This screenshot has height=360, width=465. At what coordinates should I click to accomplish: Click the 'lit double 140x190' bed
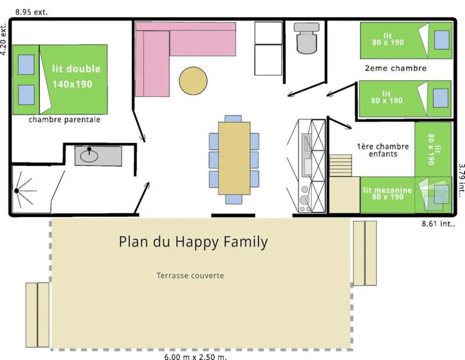point(60,79)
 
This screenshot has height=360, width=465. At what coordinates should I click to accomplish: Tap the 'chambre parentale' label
point(65,120)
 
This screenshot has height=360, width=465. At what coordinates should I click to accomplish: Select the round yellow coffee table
point(192,81)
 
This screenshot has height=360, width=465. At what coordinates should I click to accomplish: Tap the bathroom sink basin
point(90,155)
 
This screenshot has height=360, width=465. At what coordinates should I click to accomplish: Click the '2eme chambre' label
point(395,68)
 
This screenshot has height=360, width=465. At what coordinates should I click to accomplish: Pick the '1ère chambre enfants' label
point(382,150)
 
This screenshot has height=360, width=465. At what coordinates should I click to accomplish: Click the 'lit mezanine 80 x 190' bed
point(388,194)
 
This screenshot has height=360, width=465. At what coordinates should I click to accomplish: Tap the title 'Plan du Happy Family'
point(193,241)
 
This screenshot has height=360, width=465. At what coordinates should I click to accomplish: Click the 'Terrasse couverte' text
point(190,275)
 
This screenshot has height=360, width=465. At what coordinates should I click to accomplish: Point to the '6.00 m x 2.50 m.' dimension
point(195,357)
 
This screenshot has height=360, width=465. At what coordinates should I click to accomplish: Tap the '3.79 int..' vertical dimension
point(461,180)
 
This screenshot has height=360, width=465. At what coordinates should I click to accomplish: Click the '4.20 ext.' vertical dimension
point(4,40)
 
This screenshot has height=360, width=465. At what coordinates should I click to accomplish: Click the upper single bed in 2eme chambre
point(406,40)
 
